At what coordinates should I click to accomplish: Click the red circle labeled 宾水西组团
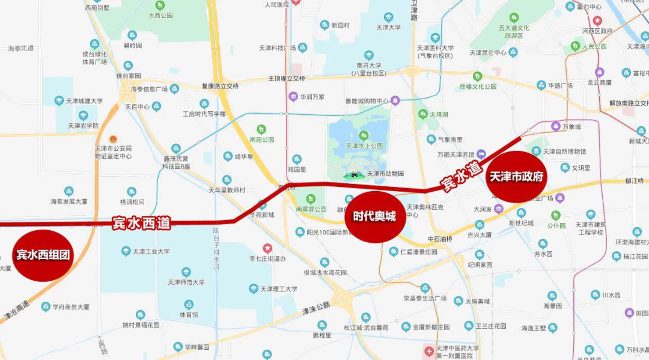click(x=42, y=255)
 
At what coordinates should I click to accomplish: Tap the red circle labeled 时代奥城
click(x=374, y=217)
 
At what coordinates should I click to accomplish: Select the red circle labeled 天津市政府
click(x=516, y=177)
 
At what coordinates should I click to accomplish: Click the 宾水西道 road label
click(x=141, y=224)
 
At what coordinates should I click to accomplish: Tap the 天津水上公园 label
click(x=364, y=145)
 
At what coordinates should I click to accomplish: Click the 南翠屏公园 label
click(x=311, y=209)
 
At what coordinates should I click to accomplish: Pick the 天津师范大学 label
click(x=186, y=282)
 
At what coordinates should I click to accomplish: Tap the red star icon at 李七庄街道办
click(x=267, y=248)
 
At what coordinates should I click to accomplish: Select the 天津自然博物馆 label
click(x=564, y=151)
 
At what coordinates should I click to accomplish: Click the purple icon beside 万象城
click(x=556, y=126)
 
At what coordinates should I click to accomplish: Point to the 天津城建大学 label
click(x=86, y=101)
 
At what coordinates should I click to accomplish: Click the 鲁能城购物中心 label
click(x=363, y=101)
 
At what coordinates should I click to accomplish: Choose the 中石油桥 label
click(x=440, y=239)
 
